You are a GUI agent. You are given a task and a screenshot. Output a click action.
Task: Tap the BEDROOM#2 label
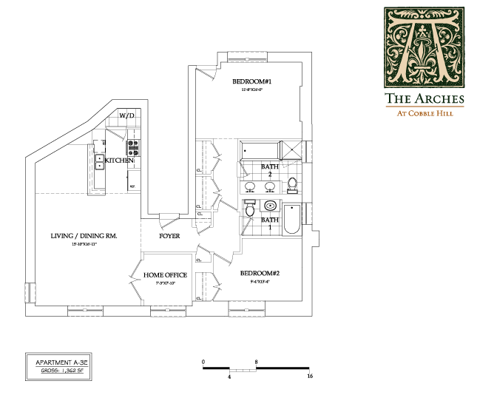click(259, 273)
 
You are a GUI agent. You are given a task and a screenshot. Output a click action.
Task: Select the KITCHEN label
click(118, 161)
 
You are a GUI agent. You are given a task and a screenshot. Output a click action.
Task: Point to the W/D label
click(126, 116)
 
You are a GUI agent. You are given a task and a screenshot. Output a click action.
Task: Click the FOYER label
click(170, 236)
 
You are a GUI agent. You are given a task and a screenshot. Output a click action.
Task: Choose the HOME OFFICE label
click(165, 275)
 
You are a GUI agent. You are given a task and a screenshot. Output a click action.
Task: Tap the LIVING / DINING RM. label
click(84, 236)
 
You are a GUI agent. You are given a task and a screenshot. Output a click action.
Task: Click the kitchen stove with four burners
click(133, 148)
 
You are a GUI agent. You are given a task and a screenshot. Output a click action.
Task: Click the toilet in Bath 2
click(292, 183)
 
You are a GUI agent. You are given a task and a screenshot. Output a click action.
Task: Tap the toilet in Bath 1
click(250, 210)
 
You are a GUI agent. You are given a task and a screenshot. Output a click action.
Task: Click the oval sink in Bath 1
click(271, 206)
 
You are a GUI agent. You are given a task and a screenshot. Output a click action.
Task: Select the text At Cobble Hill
click(424, 113)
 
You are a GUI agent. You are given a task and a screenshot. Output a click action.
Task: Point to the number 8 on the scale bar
click(256, 362)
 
